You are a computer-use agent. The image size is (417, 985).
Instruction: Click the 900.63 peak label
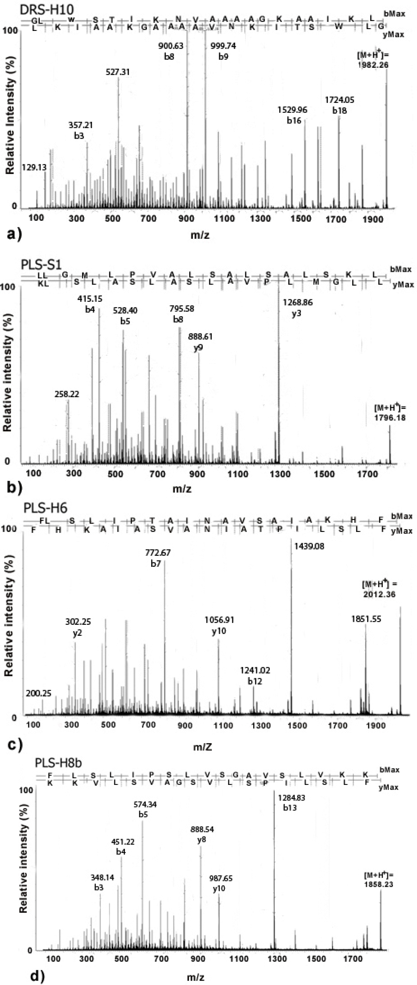pos(171,46)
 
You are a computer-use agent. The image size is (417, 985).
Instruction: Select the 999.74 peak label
pos(223,46)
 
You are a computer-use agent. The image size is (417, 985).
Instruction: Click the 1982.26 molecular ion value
pos(373,65)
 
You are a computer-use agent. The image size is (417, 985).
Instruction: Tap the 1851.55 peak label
pos(366,619)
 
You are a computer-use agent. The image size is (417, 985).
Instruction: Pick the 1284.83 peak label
pos(292,798)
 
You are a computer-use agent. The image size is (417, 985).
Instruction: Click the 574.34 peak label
pos(145,805)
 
